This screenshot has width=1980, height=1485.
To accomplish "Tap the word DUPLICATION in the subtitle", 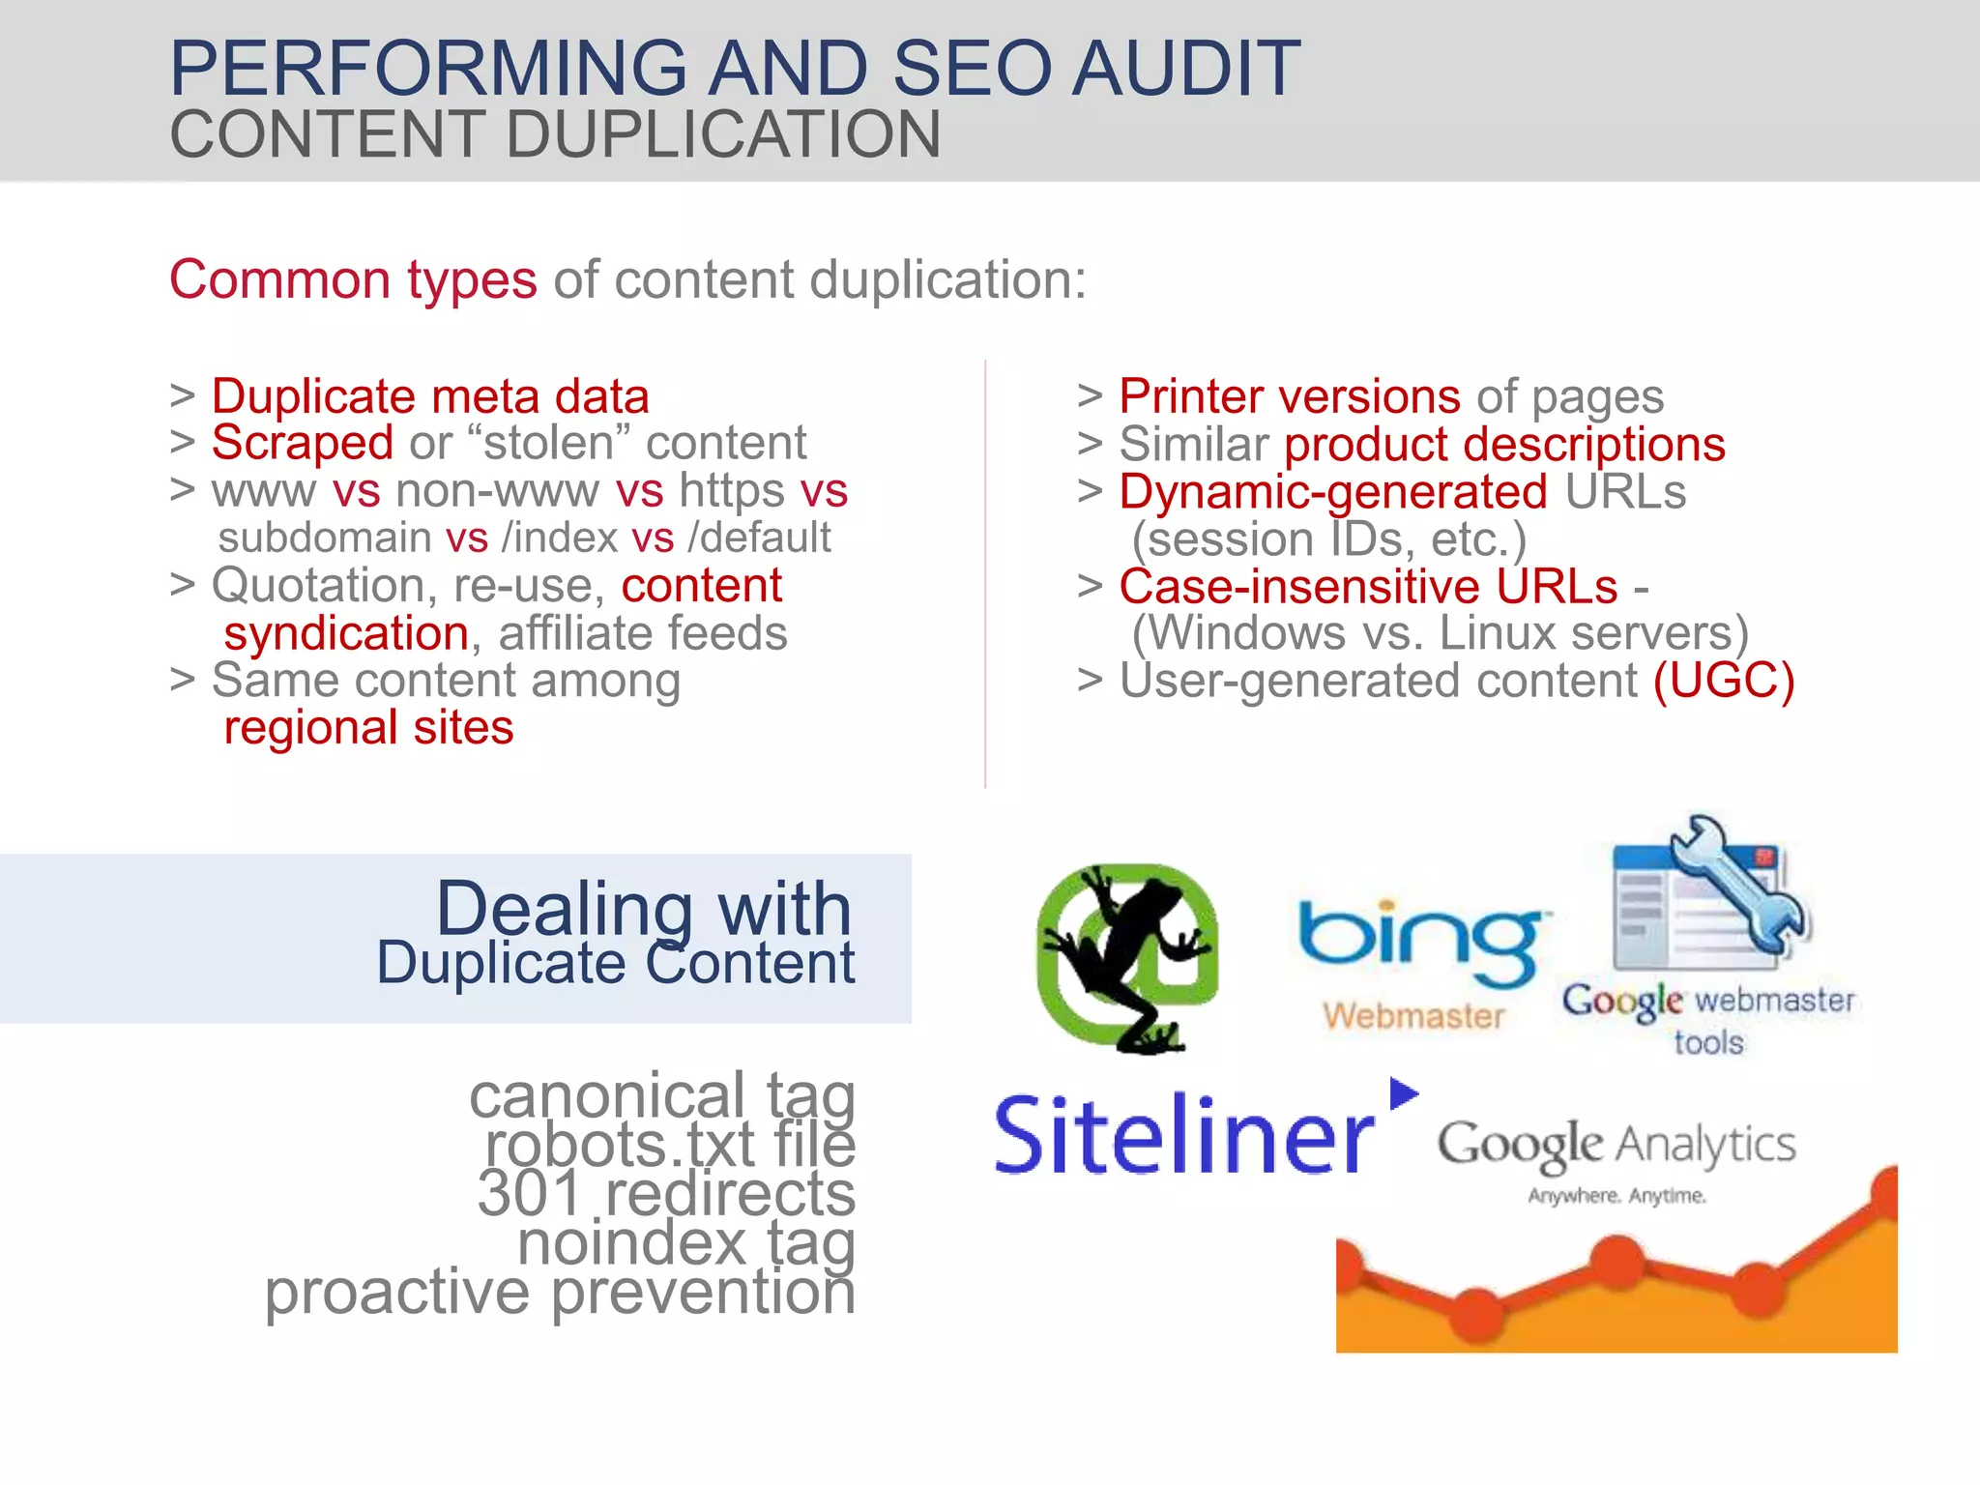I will tap(723, 134).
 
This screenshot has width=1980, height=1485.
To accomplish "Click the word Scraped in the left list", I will tap(303, 444).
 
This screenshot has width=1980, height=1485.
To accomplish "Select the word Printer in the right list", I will tap(1192, 396).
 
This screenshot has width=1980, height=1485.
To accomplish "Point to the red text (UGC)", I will tap(1723, 681).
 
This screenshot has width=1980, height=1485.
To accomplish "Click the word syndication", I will tap(346, 634).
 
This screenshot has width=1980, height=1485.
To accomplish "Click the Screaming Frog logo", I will tap(1126, 957).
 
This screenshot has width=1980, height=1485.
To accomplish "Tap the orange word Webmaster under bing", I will tap(1413, 1015).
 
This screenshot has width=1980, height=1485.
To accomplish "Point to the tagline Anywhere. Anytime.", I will tap(1616, 1196).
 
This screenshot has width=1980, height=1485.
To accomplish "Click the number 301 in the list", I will tap(529, 1193).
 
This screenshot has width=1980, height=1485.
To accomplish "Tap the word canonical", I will tap(607, 1096).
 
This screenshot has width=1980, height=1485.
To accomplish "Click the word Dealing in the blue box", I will tap(565, 909).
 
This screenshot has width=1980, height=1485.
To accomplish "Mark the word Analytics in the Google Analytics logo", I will tap(1705, 1146).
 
